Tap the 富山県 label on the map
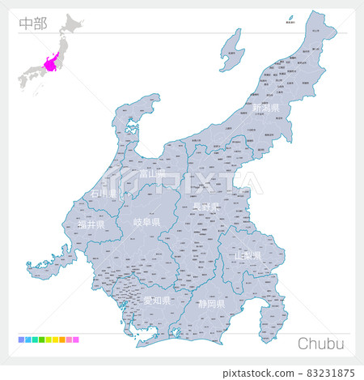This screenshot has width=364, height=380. [151, 173]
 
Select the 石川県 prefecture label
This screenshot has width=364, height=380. [104, 194]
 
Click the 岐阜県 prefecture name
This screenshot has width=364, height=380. [146, 222]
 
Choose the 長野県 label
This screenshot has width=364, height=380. [205, 207]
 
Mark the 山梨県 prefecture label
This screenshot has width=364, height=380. [248, 255]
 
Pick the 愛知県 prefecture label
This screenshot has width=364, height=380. [156, 300]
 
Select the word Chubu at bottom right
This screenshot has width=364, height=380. [320, 344]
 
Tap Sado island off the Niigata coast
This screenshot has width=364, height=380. [232, 49]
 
